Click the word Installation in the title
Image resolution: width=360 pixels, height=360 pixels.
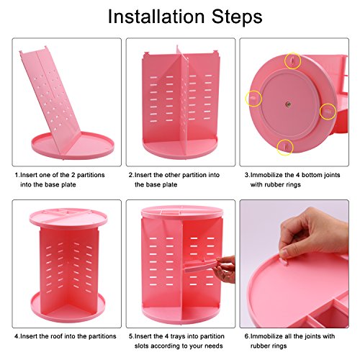point(156,17)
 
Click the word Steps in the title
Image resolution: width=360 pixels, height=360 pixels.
point(237,17)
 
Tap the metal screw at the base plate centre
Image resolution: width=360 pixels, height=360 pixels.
point(288,104)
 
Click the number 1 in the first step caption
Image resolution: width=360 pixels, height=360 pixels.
point(17,175)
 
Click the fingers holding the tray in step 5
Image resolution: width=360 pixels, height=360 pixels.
point(225,269)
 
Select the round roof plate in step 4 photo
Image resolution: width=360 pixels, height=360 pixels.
point(68,217)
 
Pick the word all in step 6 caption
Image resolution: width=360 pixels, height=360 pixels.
point(289,336)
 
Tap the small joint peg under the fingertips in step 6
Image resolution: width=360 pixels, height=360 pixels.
point(284,261)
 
